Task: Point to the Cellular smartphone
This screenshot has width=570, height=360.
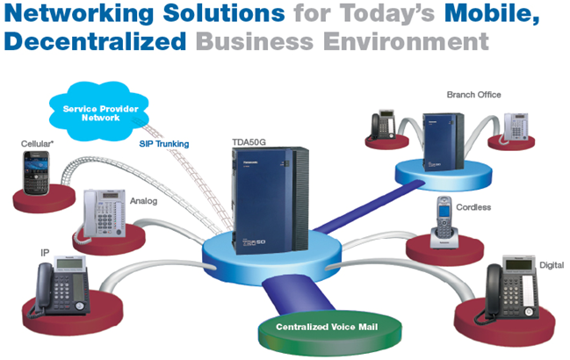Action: pyautogui.click(x=38, y=174)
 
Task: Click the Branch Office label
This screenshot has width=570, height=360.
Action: pyautogui.click(x=473, y=94)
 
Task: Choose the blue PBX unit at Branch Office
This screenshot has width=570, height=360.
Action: pyautogui.click(x=441, y=140)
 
